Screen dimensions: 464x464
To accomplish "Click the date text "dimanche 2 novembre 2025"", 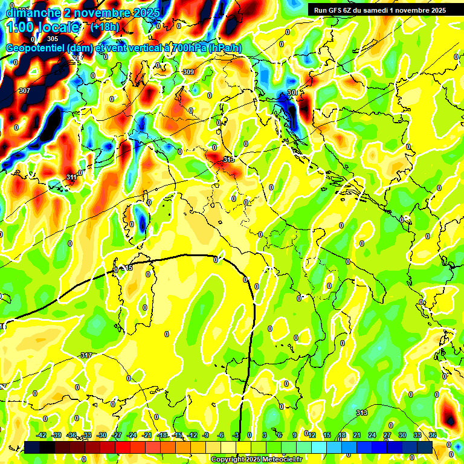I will click(83, 13).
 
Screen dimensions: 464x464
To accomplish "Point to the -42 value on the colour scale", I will click(42, 435).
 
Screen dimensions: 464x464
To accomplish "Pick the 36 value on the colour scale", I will click(432, 435).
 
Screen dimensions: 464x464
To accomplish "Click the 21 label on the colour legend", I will click(357, 435).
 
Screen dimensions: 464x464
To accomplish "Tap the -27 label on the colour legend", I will click(117, 435).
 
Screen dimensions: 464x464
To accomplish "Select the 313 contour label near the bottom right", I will click(361, 413).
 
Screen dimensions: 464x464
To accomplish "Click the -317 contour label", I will click(86, 355).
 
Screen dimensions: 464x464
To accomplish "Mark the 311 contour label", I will click(71, 177).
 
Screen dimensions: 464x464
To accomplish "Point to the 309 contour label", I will click(188, 72).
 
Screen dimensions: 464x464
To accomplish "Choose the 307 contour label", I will click(24, 91).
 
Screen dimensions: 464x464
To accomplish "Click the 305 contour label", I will click(53, 39).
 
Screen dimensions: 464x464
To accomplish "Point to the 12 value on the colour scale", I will click(312, 435).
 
